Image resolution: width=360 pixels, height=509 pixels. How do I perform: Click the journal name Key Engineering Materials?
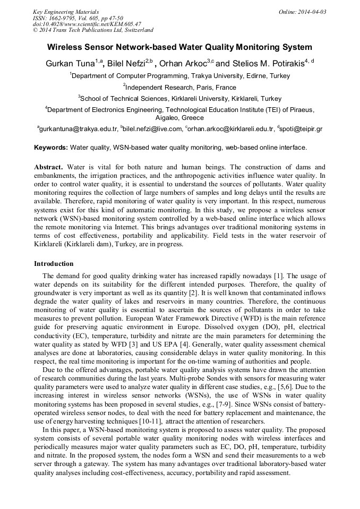coord(66,12)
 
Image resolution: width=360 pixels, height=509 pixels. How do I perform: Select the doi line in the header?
coord(87,24)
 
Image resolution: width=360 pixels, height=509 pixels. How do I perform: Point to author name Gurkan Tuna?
coord(70,64)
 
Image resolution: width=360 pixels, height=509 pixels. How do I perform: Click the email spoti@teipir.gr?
coord(300,129)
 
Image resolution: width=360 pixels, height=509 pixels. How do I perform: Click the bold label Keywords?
coord(51,147)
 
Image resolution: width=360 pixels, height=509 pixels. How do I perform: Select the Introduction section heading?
coord(54,263)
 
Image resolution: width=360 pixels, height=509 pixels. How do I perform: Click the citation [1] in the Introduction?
coord(278,276)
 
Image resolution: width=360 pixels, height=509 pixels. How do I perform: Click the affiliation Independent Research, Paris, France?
coord(181,88)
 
